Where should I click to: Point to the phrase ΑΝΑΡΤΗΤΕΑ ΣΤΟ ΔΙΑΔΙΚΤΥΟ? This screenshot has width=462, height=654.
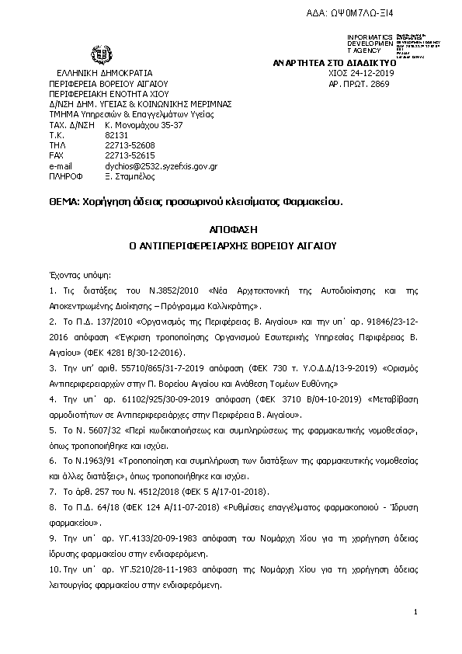(335, 61)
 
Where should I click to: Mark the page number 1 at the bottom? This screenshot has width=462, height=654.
(416, 614)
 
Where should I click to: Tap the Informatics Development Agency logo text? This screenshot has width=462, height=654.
(371, 43)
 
